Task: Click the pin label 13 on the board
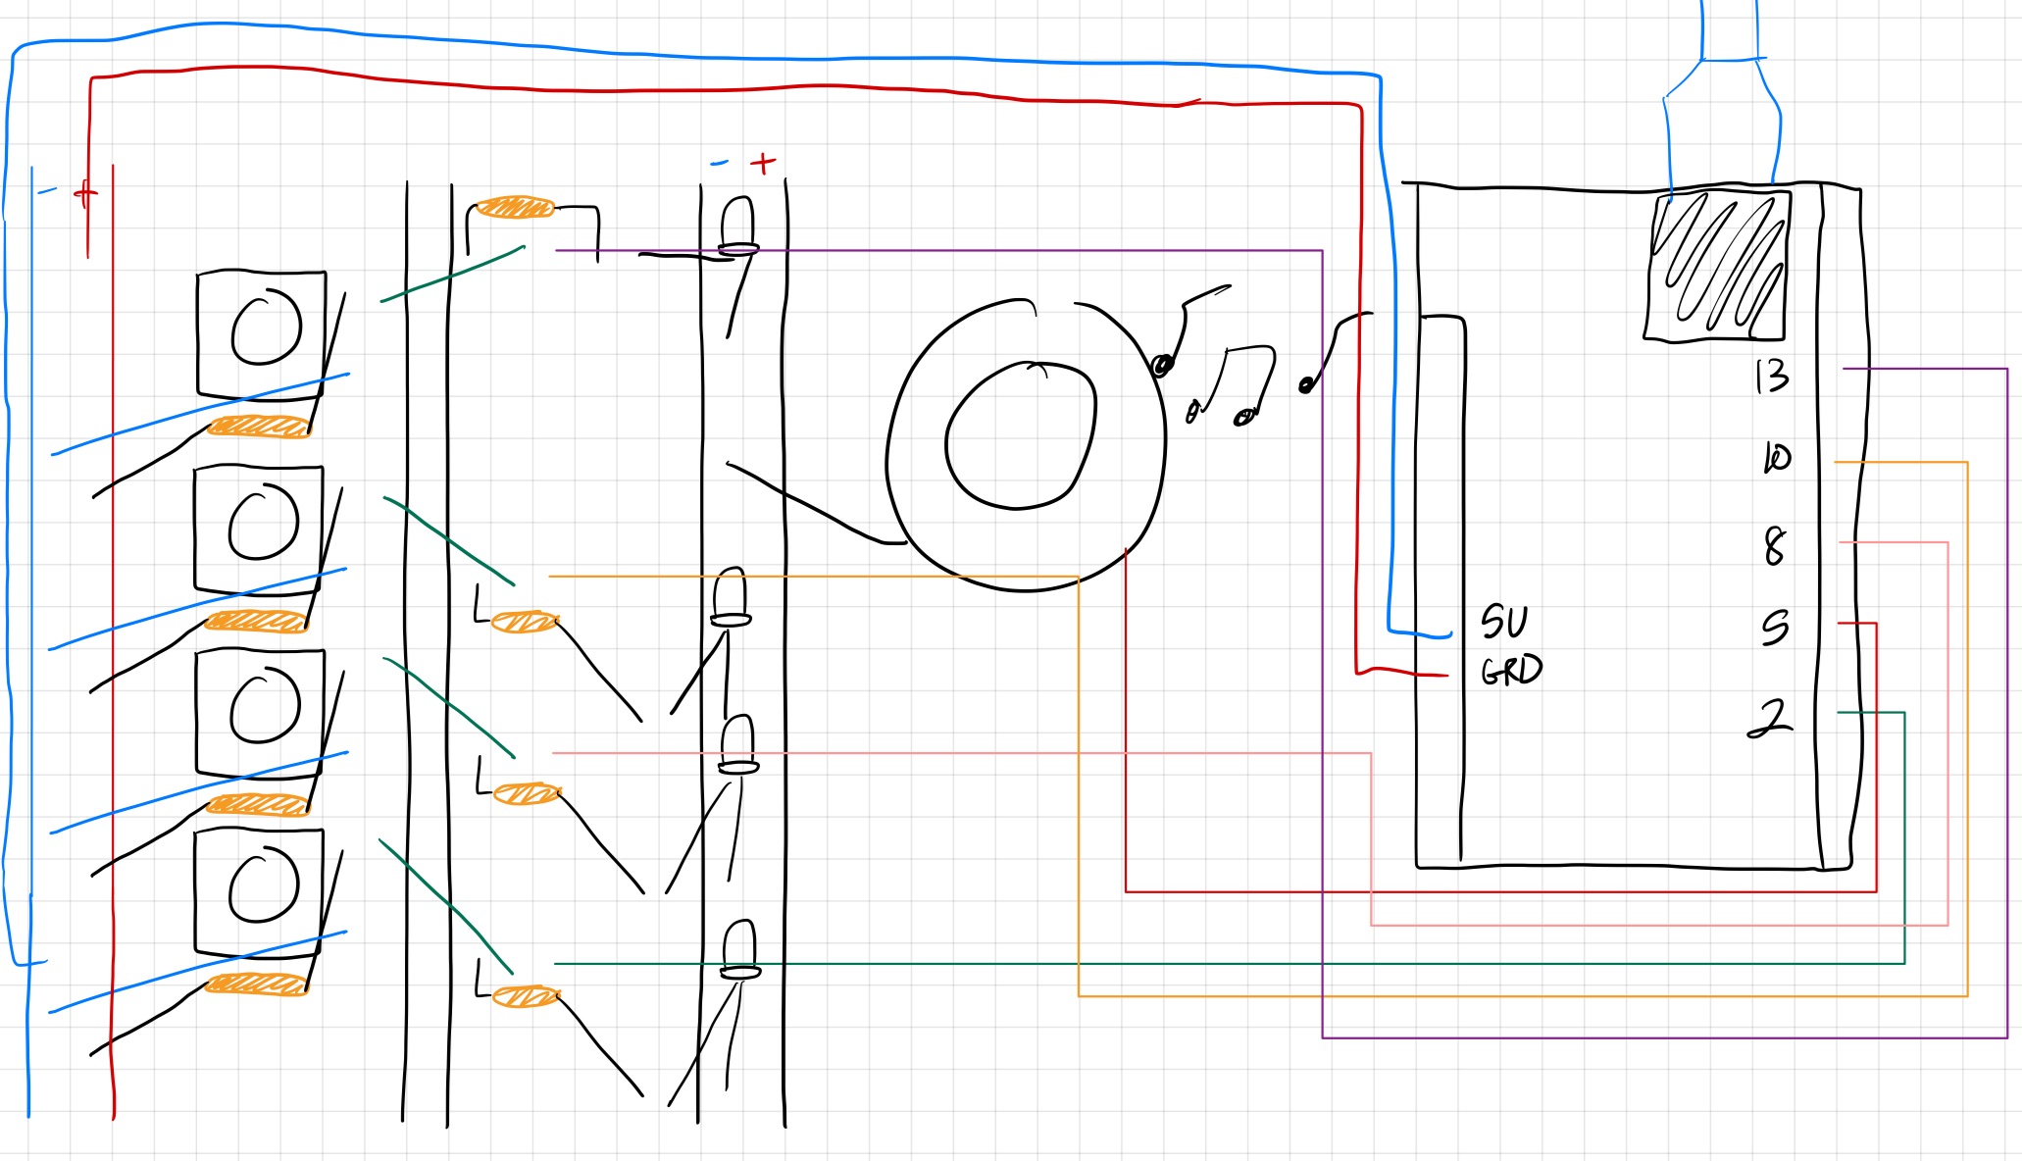[1772, 376]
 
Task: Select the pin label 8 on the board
[1774, 546]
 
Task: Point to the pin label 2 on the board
[1770, 719]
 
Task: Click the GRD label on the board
[1511, 671]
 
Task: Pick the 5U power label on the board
[1504, 622]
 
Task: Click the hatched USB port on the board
[1717, 266]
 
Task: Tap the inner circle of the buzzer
[1020, 435]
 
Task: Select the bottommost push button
[260, 890]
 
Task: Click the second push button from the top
[260, 527]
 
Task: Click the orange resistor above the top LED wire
[514, 208]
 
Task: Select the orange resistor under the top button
[259, 427]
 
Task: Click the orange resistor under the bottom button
[257, 984]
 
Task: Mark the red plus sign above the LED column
[763, 163]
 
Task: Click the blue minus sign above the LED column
[720, 163]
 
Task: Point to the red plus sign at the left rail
[86, 193]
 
